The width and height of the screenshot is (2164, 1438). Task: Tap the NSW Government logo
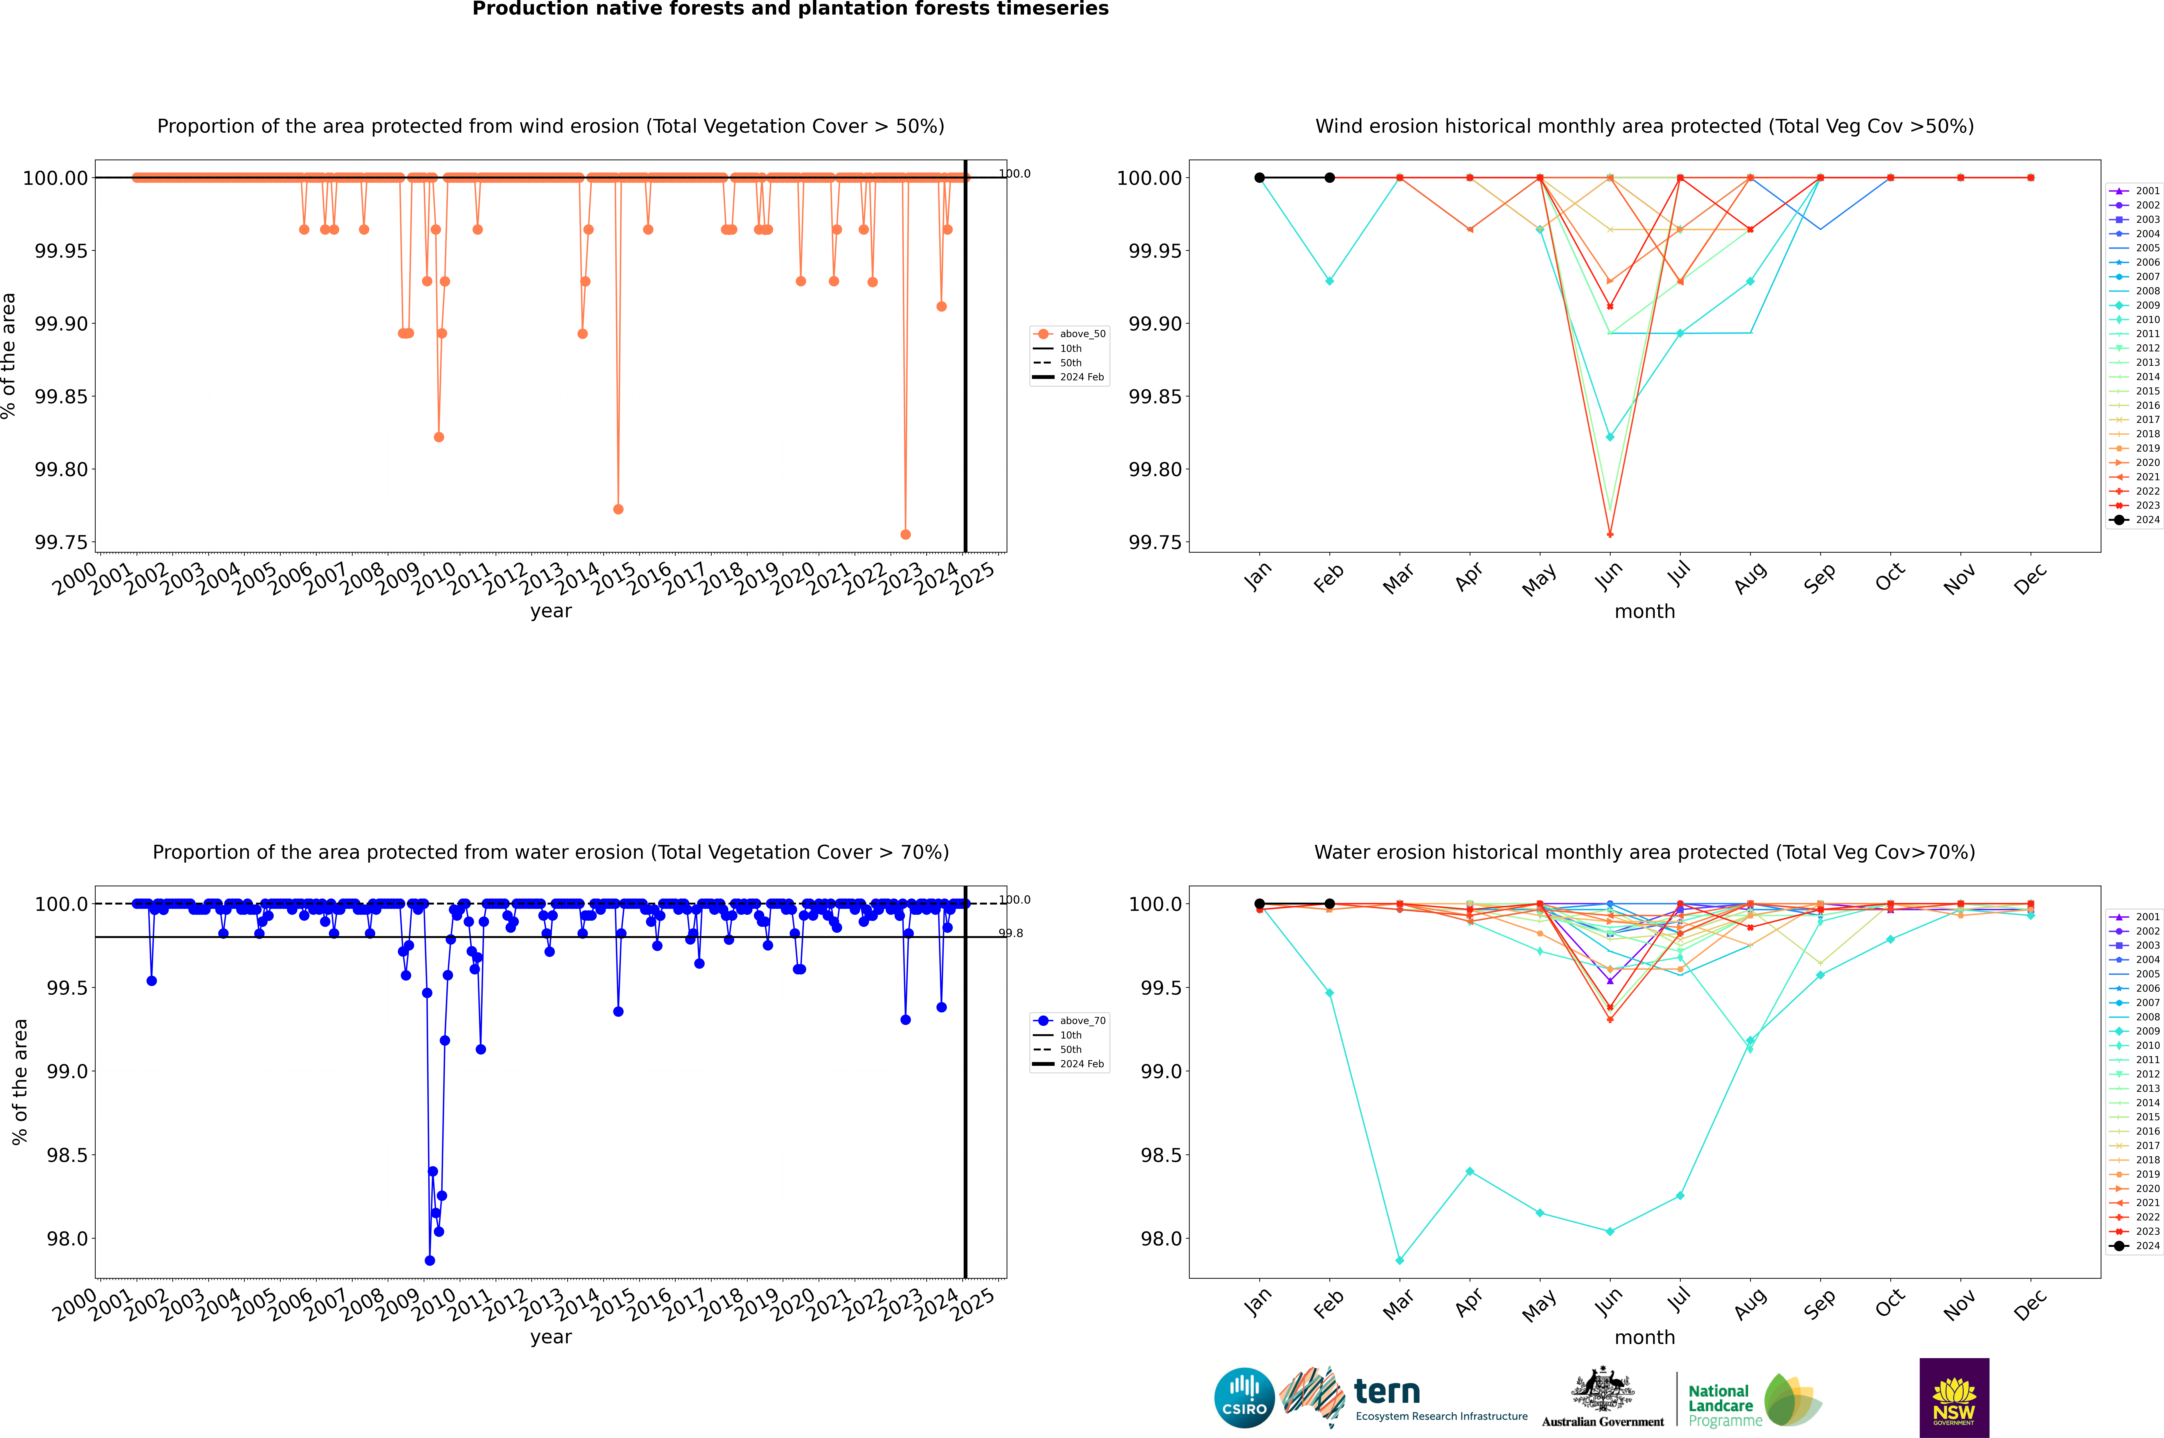(1954, 1398)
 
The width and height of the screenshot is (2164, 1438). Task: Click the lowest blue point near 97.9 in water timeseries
(429, 1260)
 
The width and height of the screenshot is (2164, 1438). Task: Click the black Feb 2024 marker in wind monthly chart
(1329, 178)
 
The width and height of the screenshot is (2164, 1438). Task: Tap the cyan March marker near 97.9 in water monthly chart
(1399, 1260)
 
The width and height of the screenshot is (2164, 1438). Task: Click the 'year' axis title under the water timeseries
(550, 1337)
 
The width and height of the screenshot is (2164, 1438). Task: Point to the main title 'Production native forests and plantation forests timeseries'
(790, 9)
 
